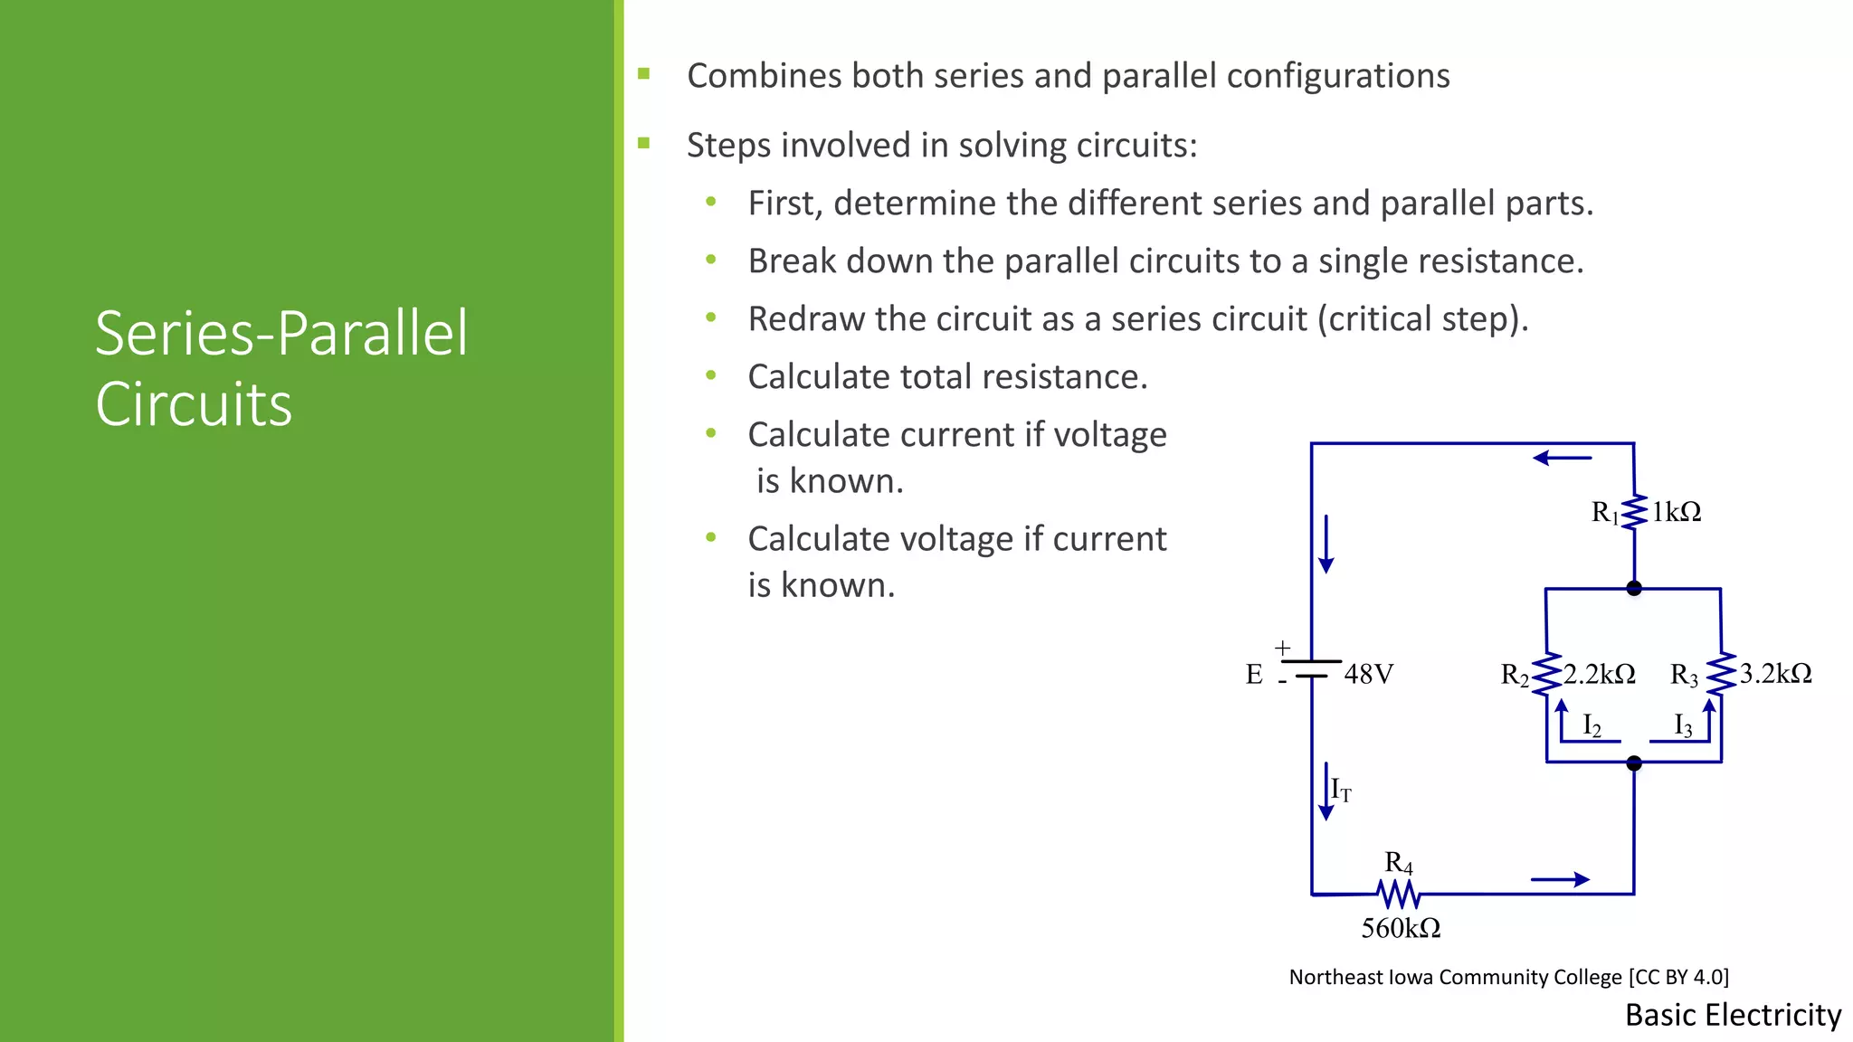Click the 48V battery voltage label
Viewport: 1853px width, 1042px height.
(1368, 674)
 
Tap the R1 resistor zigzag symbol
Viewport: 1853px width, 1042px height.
(1634, 512)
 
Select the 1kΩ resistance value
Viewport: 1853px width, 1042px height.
(1677, 512)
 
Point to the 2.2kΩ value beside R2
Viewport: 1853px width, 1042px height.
(1600, 674)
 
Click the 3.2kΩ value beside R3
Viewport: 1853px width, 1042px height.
(1775, 674)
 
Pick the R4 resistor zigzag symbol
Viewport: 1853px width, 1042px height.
(1399, 895)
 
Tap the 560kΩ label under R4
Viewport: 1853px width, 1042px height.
(1401, 928)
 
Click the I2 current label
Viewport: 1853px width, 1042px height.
(1592, 725)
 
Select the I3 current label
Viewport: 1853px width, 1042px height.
(1683, 725)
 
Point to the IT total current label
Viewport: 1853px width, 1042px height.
(1341, 791)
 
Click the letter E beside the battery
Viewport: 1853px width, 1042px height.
(1254, 675)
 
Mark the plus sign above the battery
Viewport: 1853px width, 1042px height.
(1282, 648)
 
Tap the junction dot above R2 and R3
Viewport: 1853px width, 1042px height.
(1634, 589)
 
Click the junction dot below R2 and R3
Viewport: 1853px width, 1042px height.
(1634, 763)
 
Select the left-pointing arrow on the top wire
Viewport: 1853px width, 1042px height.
(1562, 459)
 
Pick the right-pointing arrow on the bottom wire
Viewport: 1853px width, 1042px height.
(1560, 879)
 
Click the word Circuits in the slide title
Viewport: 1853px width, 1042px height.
(194, 404)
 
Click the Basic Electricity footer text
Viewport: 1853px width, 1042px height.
(1733, 1015)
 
